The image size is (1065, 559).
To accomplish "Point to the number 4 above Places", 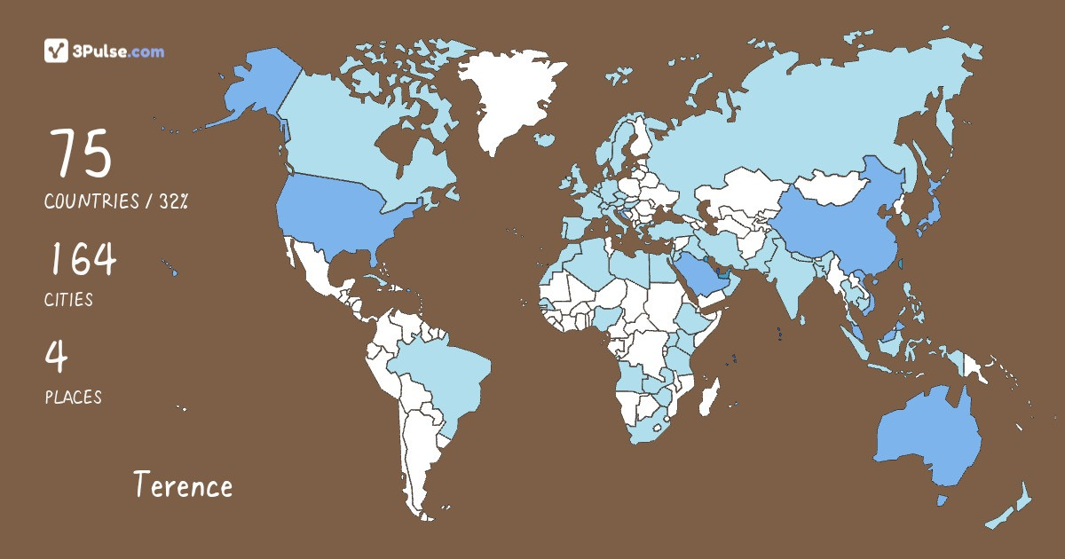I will pos(57,357).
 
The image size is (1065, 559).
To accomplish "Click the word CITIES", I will pos(68,300).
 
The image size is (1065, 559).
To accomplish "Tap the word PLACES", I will pos(73,398).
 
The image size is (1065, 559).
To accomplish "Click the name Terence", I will pos(183,485).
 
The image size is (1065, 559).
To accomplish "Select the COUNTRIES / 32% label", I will pos(116,201).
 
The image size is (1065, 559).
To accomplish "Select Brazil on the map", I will pos(439,373).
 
